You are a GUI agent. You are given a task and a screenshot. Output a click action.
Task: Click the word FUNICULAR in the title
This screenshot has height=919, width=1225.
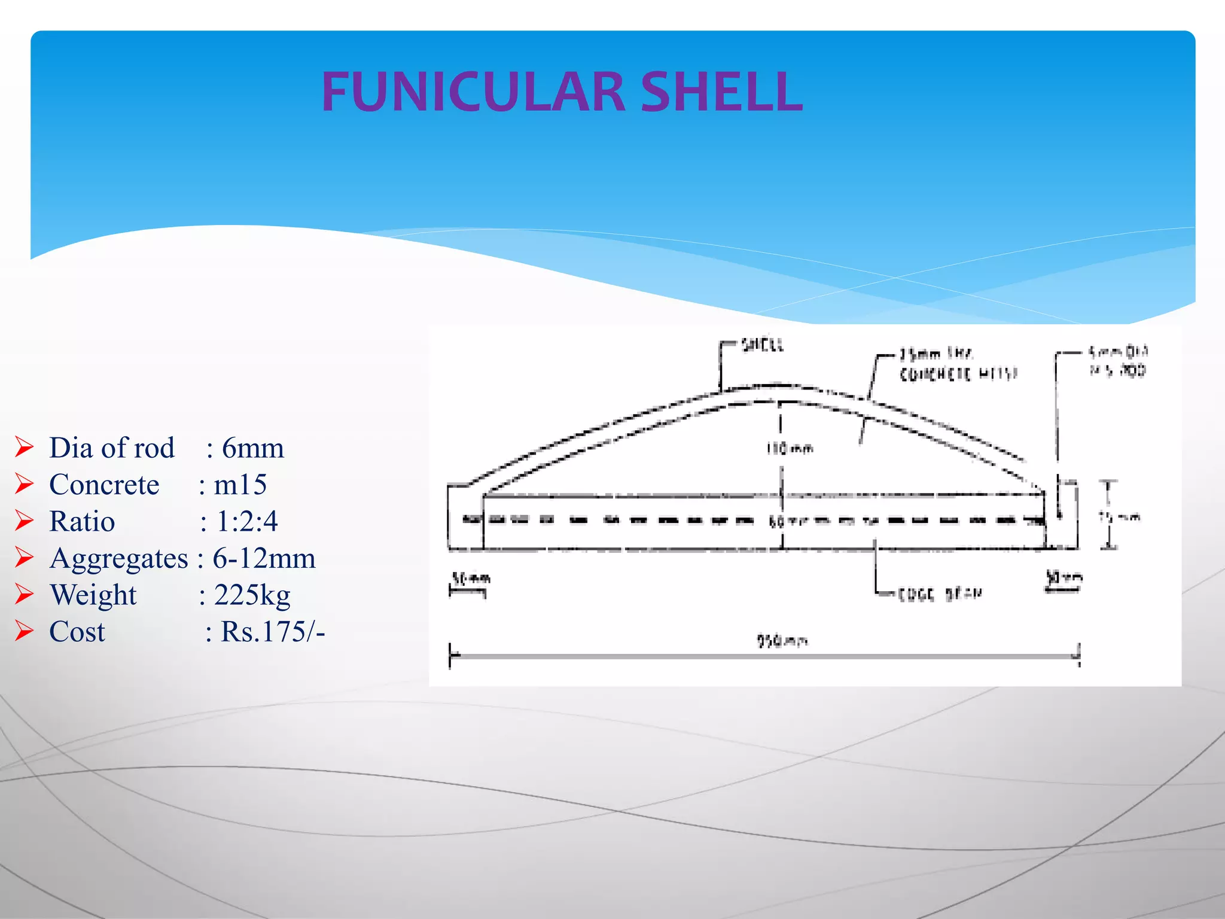click(x=473, y=92)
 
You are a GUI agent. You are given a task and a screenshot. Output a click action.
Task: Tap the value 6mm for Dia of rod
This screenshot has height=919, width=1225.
click(x=252, y=448)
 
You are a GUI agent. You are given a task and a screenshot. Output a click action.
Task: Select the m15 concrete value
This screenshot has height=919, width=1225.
click(x=240, y=485)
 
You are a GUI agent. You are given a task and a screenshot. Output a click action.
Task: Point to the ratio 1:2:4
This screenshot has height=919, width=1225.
click(x=246, y=522)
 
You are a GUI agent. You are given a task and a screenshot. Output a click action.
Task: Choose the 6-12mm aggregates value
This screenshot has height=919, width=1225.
click(x=264, y=559)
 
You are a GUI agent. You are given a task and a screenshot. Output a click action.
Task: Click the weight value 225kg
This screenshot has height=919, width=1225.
click(x=252, y=595)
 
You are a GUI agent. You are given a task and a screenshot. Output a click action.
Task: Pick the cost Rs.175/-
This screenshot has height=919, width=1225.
click(x=272, y=632)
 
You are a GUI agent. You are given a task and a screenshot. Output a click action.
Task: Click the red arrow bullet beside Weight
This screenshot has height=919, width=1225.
click(x=25, y=594)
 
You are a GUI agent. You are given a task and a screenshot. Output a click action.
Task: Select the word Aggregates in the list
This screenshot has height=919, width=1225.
click(x=119, y=559)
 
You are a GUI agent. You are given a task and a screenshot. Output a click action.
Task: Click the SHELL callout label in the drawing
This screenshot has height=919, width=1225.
click(x=762, y=345)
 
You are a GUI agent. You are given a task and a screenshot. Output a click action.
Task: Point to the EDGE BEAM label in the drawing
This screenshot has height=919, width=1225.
click(x=940, y=594)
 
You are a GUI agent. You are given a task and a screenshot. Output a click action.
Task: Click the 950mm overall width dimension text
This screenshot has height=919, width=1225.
click(x=782, y=641)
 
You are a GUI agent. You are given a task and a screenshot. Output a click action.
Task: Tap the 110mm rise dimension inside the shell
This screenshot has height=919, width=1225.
click(x=790, y=448)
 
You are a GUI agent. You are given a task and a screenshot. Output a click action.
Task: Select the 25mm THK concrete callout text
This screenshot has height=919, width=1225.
click(x=958, y=364)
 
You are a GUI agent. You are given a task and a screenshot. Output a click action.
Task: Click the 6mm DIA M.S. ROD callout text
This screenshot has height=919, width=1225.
click(x=1117, y=361)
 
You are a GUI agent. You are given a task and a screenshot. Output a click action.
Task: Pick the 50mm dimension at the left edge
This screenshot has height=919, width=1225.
click(x=471, y=579)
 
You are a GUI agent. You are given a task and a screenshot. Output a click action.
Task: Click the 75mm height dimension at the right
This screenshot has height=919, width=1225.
click(x=1120, y=517)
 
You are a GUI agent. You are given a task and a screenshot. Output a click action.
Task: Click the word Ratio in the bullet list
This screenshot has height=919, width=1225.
click(x=82, y=522)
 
